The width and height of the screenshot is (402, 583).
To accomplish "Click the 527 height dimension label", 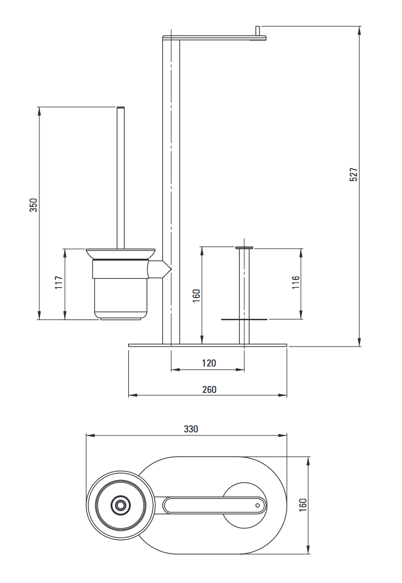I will pos(354,174).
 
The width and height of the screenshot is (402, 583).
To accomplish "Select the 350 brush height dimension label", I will pos(34,205).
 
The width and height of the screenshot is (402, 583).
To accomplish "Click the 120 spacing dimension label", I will pos(208,363).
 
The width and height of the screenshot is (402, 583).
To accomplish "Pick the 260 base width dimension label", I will pos(208,389).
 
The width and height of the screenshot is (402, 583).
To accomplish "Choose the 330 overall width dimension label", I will pos(191,429).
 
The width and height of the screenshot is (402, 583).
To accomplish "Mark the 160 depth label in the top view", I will pos(303,505).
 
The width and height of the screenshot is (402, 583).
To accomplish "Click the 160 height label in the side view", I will pos(197,294).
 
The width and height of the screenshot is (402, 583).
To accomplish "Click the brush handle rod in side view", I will pos(121,176).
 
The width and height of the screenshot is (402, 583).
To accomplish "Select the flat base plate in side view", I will pos(208,345).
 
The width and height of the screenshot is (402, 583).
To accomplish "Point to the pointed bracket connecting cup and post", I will pos(160,270).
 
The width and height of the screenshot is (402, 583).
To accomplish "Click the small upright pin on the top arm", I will pos(258,31).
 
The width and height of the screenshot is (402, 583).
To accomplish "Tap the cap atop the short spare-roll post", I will pos(244,248).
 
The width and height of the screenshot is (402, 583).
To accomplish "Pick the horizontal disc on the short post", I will pos(244,319).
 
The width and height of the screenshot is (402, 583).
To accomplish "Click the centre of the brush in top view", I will pos(121,505).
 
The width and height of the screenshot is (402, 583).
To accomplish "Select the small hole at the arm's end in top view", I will pos(257,505).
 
